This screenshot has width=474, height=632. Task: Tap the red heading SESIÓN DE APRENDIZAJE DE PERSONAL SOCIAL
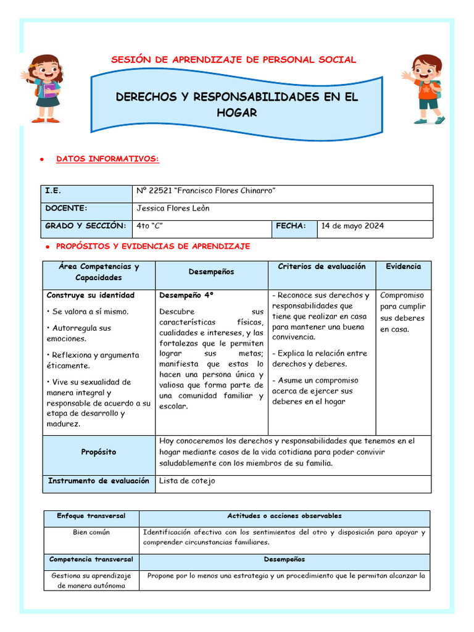[233, 60]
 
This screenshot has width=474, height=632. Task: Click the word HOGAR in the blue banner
[236, 113]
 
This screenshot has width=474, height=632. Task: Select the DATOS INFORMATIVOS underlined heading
[107, 159]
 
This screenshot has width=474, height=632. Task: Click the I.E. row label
[53, 191]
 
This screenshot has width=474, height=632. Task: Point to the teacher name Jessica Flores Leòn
[173, 209]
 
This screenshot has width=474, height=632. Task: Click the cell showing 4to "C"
[150, 226]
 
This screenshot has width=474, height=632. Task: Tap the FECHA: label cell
[291, 226]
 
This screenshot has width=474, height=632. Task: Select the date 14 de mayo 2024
[352, 226]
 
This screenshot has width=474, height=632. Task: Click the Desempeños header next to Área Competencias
[211, 272]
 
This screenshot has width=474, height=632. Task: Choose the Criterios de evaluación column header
[322, 267]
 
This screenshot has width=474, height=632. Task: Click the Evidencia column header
[403, 267]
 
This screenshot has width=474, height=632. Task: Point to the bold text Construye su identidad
[90, 295]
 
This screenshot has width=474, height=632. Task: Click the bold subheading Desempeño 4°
[186, 295]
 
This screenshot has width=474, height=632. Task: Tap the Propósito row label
[98, 452]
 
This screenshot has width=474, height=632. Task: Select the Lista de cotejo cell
[187, 481]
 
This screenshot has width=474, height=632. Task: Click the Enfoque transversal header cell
[91, 516]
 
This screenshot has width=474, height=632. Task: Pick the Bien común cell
[91, 532]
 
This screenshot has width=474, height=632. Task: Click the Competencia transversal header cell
[91, 560]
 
